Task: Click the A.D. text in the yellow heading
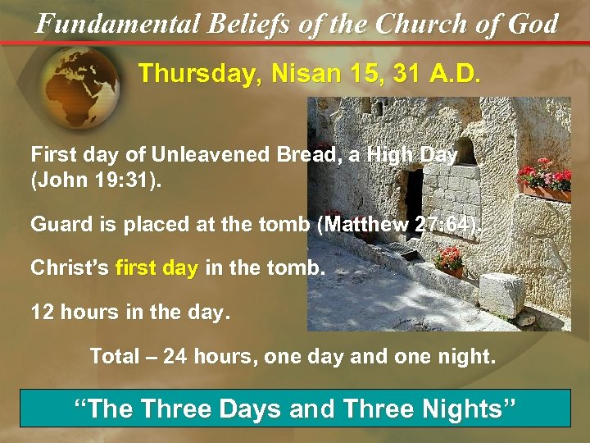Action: tap(453, 74)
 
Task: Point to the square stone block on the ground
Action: tap(501, 293)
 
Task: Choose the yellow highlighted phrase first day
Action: tap(157, 267)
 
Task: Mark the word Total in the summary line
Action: tap(114, 357)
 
